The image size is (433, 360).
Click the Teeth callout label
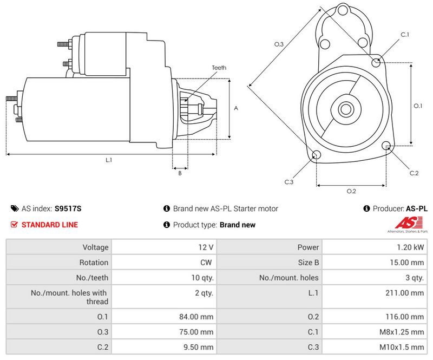point(219,68)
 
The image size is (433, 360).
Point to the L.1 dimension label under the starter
point(109,160)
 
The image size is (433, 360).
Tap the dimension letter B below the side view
point(180,173)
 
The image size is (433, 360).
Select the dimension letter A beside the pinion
point(236,108)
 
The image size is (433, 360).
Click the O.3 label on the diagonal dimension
point(279,44)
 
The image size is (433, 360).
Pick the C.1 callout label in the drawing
point(405,35)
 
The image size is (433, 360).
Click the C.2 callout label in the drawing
point(414,173)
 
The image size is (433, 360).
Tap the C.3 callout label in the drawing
point(289,182)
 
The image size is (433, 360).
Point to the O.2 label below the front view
point(351,191)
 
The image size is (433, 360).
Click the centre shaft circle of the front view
point(346,109)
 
